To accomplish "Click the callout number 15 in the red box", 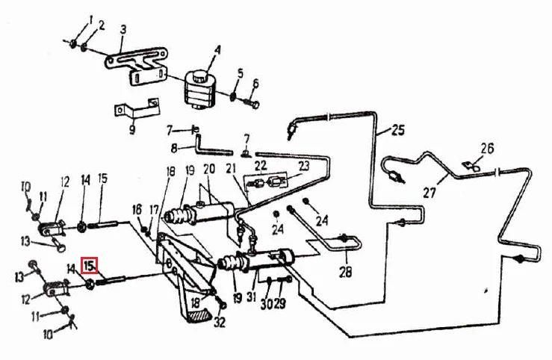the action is click(x=89, y=265).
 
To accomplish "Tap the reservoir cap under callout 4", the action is click(x=200, y=75).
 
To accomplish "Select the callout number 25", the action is click(x=398, y=130).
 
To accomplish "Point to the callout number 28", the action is click(x=345, y=271).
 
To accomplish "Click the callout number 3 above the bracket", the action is click(x=123, y=29).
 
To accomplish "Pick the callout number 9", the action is click(x=132, y=129).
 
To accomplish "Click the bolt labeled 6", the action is click(x=252, y=103).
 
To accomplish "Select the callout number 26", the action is click(x=487, y=149).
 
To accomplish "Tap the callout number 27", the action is click(x=429, y=192).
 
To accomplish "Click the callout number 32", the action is click(x=220, y=322).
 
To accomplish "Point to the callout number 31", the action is click(x=251, y=297).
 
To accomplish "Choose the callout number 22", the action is click(x=261, y=165).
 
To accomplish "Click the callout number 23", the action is click(x=303, y=165).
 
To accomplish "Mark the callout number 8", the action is click(x=174, y=149).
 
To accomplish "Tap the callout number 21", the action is click(x=231, y=169).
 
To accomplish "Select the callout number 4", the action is click(x=218, y=49).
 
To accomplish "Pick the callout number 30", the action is click(x=267, y=303).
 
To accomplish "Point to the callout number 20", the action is click(x=209, y=170).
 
